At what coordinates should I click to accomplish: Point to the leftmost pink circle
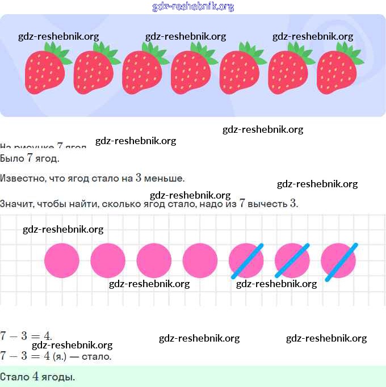(62, 260)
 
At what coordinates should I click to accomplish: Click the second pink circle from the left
(108, 260)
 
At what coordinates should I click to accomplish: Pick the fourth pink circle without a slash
(200, 260)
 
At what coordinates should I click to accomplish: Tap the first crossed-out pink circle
(246, 260)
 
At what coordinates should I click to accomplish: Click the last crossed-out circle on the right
(339, 260)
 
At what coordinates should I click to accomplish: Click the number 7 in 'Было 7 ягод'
(30, 158)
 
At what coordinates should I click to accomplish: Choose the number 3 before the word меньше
(139, 178)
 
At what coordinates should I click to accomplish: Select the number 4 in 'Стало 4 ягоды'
(35, 377)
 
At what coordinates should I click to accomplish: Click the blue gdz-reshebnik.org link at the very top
(193, 7)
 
